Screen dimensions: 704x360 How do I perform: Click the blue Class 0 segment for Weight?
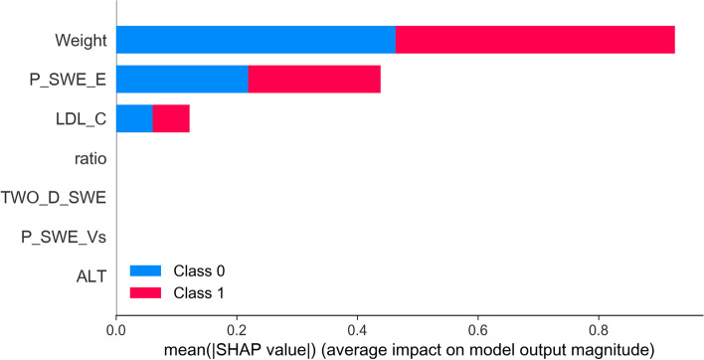pos(256,40)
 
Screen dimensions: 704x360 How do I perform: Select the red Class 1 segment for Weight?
pos(535,40)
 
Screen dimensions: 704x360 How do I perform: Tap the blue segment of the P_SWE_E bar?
pos(182,79)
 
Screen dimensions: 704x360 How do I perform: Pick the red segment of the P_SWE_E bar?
pos(314,79)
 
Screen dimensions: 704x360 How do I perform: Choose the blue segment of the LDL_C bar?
pos(134,118)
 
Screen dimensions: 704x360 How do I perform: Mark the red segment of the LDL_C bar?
pos(171,118)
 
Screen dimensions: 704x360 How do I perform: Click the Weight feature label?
pos(81,41)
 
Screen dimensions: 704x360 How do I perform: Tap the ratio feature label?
pos(90,158)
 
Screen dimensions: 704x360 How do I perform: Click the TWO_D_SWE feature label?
pos(54,198)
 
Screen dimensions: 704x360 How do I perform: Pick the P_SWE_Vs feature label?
pos(64,237)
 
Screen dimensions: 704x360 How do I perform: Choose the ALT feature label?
pos(91,276)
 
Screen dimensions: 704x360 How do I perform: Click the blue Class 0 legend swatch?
pos(145,270)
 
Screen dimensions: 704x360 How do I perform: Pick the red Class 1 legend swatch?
pos(145,292)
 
